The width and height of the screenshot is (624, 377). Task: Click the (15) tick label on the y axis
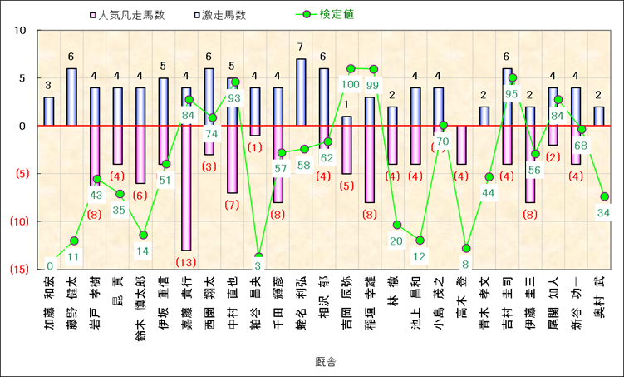18,270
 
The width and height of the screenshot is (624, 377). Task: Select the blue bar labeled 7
301,92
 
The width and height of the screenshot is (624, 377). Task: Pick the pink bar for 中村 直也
233,159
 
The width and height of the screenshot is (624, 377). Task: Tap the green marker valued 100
351,68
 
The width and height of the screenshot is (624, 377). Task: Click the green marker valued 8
466,248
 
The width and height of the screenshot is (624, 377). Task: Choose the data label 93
233,98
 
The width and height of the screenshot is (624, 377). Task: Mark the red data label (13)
186,262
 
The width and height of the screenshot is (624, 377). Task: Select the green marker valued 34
604,196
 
